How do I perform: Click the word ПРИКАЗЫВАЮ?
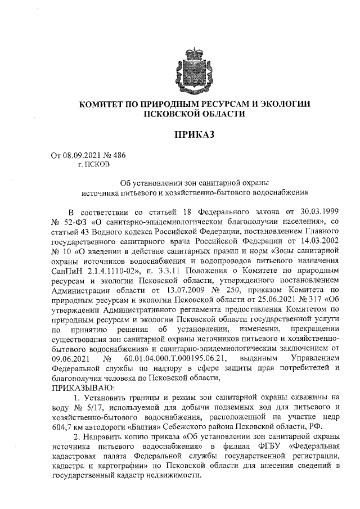(82, 388)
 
